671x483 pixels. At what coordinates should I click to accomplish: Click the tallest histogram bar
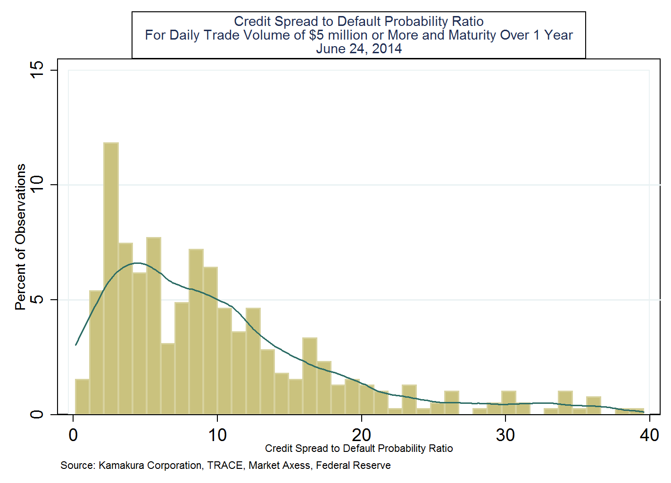[x=111, y=278]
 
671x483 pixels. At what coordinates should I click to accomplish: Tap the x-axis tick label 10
[x=217, y=435]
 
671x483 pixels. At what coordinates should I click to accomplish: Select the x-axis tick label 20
[x=361, y=435]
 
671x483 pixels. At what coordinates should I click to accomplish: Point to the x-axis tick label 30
[x=505, y=435]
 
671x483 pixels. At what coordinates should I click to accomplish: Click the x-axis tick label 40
[x=649, y=435]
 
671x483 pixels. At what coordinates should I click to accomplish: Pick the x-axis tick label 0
[x=73, y=435]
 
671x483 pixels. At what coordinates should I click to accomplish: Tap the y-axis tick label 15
[x=37, y=70]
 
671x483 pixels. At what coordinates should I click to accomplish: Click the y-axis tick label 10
[x=37, y=185]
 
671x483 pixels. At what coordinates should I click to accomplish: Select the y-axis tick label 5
[x=37, y=300]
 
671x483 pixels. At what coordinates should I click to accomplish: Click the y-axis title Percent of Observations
[x=20, y=237]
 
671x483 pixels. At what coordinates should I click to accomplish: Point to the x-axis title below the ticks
[x=359, y=449]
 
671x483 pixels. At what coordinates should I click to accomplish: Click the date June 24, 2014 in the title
[x=359, y=49]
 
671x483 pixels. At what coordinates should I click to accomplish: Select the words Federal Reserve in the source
[x=353, y=466]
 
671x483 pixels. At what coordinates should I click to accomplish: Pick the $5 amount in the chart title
[x=316, y=35]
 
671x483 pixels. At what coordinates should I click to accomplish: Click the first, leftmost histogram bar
[x=82, y=397]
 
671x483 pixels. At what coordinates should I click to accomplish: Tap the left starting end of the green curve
[x=76, y=344]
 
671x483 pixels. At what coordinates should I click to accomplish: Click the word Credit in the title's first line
[x=253, y=22]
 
